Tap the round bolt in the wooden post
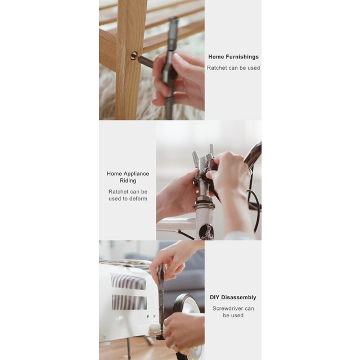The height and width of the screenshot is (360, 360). (x=134, y=56)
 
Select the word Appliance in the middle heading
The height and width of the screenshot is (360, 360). (x=136, y=174)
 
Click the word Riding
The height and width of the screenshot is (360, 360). (x=128, y=181)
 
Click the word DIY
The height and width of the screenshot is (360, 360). (x=214, y=298)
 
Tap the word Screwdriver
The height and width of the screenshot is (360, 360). (x=226, y=308)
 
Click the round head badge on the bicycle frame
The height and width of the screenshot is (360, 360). (x=205, y=232)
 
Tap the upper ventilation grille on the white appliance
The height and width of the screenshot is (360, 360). (x=128, y=281)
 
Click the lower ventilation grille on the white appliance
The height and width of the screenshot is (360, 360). (x=129, y=302)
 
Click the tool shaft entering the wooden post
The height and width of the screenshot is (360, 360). (x=146, y=61)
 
